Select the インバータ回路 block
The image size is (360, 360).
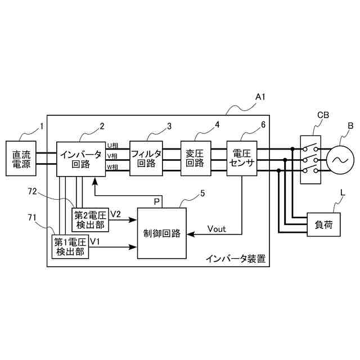tap(80, 158)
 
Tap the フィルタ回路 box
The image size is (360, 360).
tap(146, 158)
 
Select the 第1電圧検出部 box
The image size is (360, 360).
tap(70, 247)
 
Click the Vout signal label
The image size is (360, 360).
tap(217, 229)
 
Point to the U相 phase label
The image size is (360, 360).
tap(112, 146)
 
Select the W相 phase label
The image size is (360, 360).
tap(112, 167)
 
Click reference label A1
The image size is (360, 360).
tap(260, 97)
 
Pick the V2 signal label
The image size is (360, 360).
tap(115, 214)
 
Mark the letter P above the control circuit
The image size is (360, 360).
tap(157, 200)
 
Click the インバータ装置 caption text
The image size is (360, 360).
tap(236, 259)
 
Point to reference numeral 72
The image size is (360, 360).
tap(32, 192)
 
